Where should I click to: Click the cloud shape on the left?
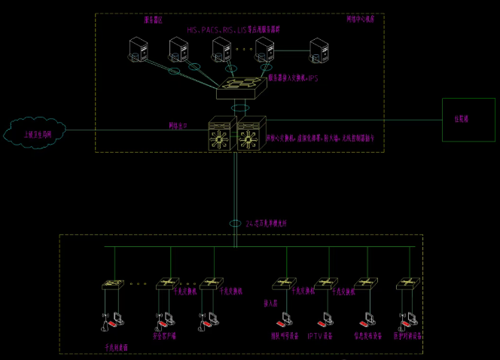pyautogui.click(x=34, y=133)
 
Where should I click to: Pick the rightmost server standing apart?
pyautogui.click(x=319, y=51)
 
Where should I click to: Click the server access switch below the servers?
pyautogui.click(x=241, y=89)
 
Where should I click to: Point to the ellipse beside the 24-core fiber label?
pyautogui.click(x=235, y=223)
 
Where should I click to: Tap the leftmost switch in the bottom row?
pyautogui.click(x=114, y=285)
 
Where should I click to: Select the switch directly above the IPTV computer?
pyautogui.click(x=324, y=284)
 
